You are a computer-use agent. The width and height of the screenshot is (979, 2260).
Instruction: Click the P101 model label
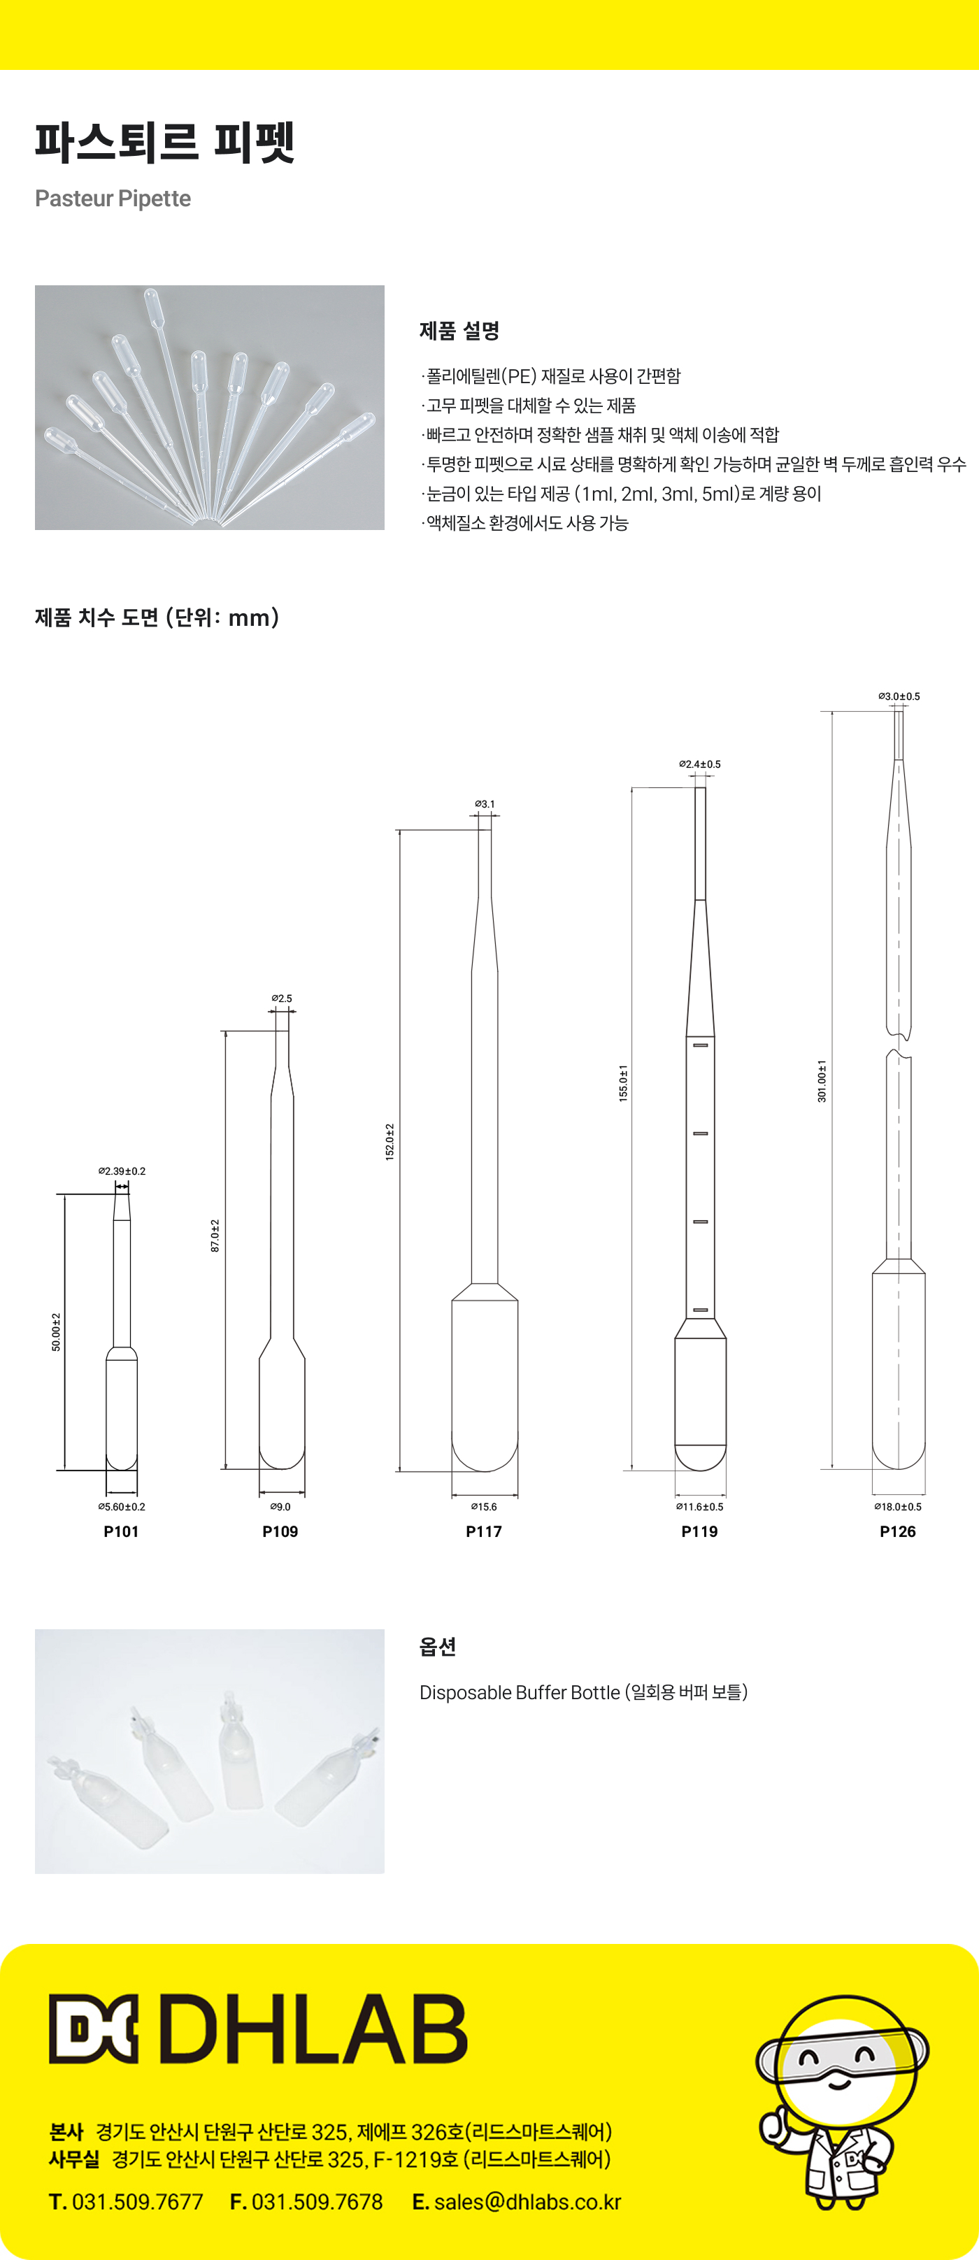coord(121,1531)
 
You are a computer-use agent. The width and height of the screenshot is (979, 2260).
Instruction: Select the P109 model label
coord(280,1531)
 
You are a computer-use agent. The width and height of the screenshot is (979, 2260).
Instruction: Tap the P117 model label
coord(483,1531)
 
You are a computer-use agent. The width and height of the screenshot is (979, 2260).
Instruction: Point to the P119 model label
coord(699,1531)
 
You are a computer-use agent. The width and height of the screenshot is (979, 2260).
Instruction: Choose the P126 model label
coord(897,1531)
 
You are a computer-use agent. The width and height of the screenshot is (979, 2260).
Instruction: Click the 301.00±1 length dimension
coord(822,1081)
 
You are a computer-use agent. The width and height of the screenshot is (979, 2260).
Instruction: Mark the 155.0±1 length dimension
coord(623,1082)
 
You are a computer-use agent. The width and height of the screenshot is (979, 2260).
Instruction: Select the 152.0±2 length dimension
coord(390,1141)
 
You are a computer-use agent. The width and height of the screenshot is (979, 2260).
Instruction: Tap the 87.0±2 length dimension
coord(215,1236)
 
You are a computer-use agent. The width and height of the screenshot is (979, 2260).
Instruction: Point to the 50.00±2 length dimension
coord(56,1332)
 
